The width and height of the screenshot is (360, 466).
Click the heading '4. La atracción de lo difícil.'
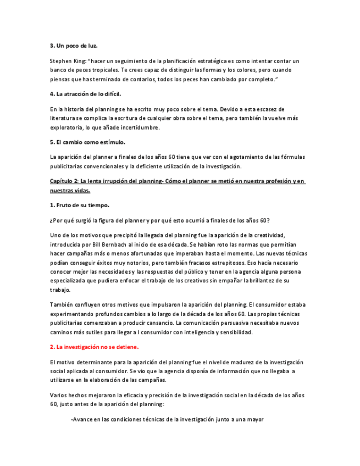point(85,94)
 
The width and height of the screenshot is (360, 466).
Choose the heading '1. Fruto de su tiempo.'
point(79,205)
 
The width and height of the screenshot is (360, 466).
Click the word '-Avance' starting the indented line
point(82,419)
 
